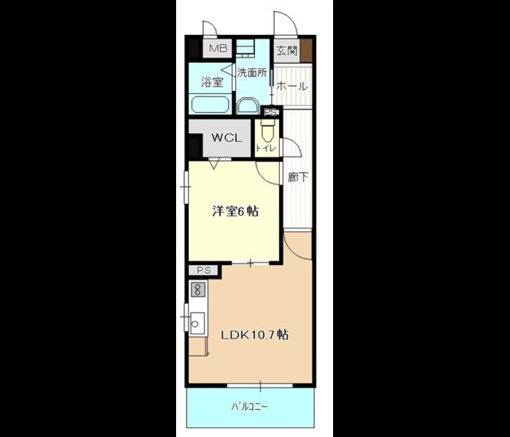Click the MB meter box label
coord(218,49)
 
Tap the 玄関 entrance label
coord(287,50)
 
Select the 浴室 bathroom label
coord(212,82)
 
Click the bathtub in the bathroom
coord(210,104)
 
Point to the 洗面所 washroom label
coord(252,72)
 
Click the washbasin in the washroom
coord(248,107)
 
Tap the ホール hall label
coord(292,87)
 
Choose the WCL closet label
coord(227,138)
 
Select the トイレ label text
coord(265,149)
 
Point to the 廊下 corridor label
coord(297,177)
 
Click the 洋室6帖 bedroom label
coord(236,211)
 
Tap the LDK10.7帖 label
coord(254,334)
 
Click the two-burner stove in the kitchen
coord(198,289)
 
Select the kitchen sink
coord(197,324)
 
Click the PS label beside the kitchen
coord(204,270)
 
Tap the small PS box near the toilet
coord(270,112)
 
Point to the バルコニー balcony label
coord(249,407)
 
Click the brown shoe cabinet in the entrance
coord(306,50)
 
